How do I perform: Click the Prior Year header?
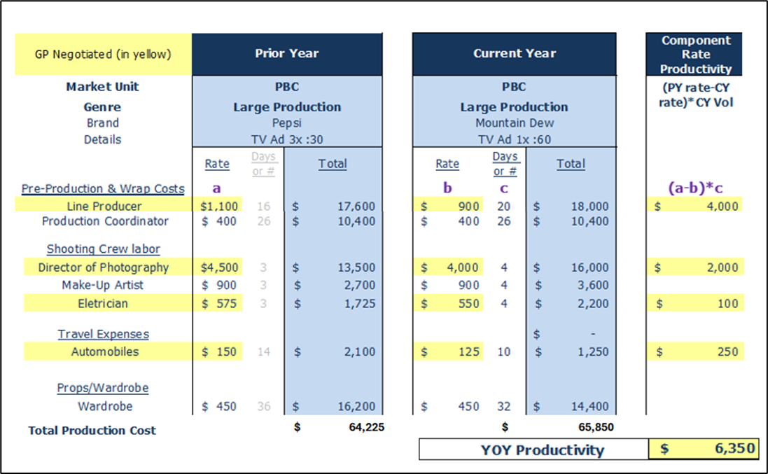[x=286, y=54]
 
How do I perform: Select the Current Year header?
[x=514, y=54]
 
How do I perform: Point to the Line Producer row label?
[x=104, y=206]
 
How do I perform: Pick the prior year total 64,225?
[x=362, y=426]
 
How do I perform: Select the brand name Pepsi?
[x=286, y=123]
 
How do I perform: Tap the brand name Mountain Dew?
[x=514, y=123]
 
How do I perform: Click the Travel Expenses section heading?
[x=103, y=334]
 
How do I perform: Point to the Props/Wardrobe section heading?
[x=103, y=388]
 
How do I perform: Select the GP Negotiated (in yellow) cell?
[x=102, y=54]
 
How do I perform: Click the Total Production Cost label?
[x=92, y=431]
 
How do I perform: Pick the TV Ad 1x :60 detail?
[x=514, y=139]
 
